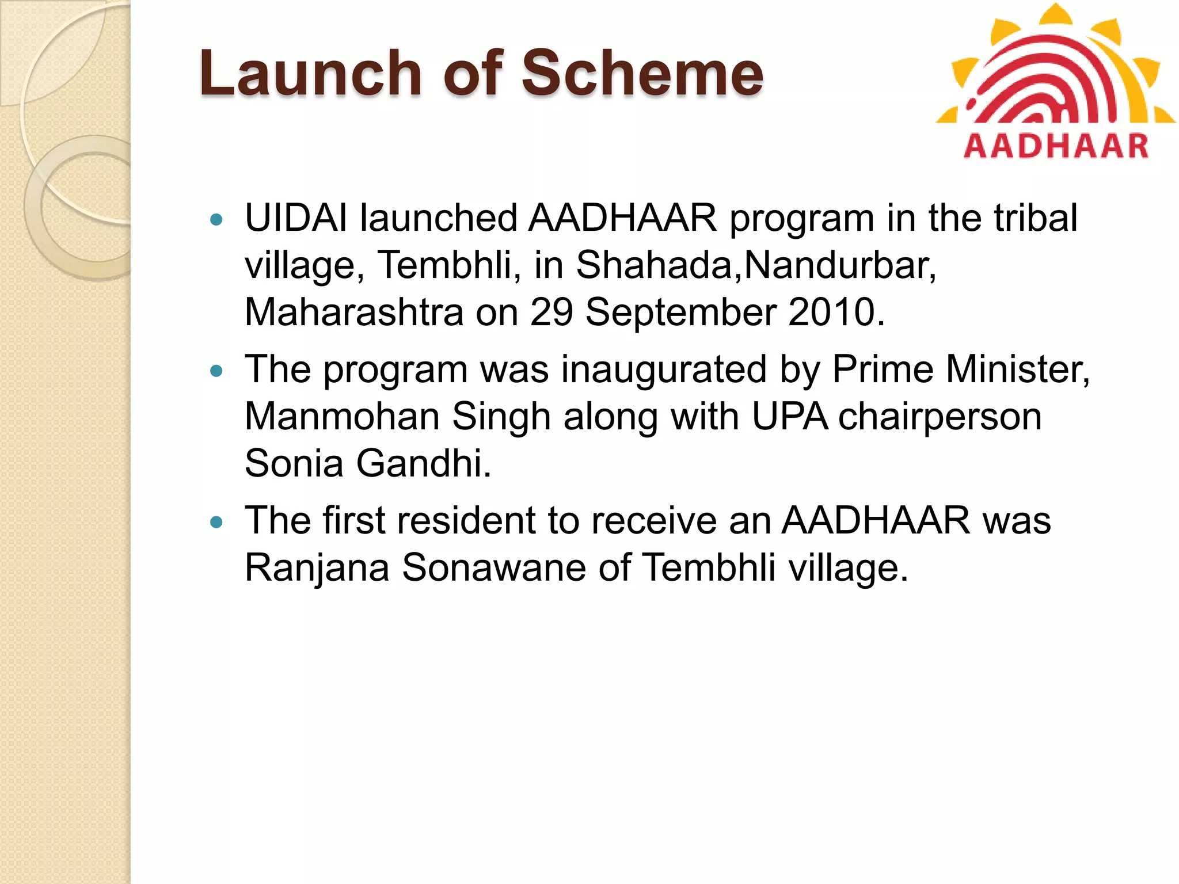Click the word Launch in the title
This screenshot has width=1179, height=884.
coord(311,74)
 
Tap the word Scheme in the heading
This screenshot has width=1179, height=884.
coord(642,74)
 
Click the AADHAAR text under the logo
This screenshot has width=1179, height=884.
coord(1056,146)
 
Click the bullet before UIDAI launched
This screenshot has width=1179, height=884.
coord(216,219)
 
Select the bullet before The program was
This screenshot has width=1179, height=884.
coord(216,371)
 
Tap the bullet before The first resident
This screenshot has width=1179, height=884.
coord(216,522)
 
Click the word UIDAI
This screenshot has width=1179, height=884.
coord(296,219)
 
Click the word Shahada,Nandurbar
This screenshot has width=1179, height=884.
coord(755,265)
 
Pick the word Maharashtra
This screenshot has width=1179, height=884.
coord(354,313)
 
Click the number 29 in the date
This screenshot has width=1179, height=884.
coord(552,313)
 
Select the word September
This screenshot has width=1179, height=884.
coord(680,313)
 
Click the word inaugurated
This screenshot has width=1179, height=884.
coord(664,369)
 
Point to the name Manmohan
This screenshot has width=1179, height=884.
coord(342,417)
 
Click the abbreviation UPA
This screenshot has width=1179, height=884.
coord(790,417)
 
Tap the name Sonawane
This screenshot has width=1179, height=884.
coord(493,568)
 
